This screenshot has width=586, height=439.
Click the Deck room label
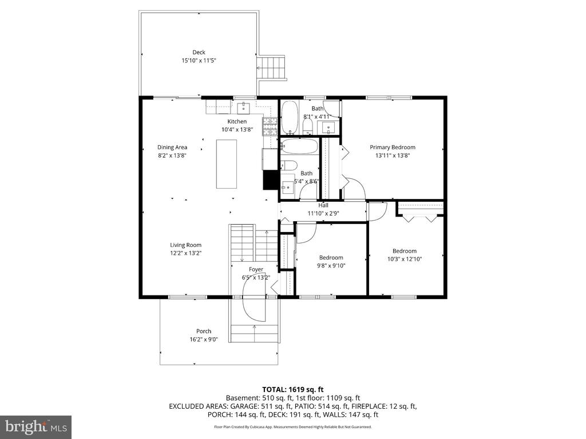(x=199, y=53)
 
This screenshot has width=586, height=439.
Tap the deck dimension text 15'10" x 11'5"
(x=199, y=60)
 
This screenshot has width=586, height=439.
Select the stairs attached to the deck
(x=271, y=68)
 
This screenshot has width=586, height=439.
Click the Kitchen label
(x=237, y=122)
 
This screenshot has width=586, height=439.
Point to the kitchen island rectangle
(x=227, y=163)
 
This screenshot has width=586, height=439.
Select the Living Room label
(x=185, y=245)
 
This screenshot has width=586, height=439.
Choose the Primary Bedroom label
(x=392, y=147)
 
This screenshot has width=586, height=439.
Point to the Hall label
(x=323, y=206)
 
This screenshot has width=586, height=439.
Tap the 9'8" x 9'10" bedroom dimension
(x=331, y=265)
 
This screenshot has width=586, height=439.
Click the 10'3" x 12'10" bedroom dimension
(x=404, y=258)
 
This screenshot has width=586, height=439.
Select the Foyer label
(x=256, y=270)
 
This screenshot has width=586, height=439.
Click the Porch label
(x=204, y=332)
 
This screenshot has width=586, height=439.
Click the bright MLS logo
(x=36, y=426)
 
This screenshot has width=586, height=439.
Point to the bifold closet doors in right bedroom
(x=420, y=217)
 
